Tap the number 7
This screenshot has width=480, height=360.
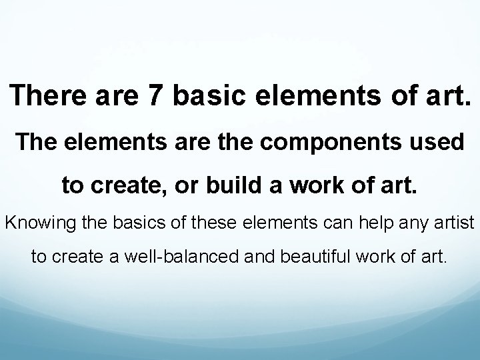[156, 97]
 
